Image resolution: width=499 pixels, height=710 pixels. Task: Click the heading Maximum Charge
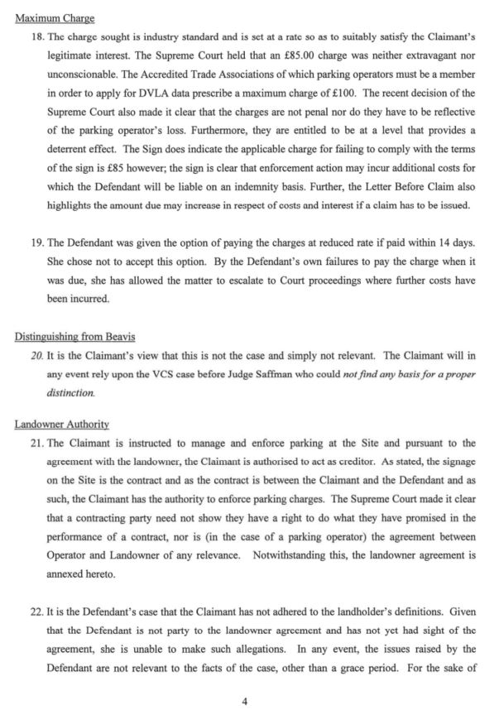55,18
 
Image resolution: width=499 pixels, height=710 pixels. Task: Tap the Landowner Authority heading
62,425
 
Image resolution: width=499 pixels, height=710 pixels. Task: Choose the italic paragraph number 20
36,356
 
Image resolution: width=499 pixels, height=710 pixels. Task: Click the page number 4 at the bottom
245,701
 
